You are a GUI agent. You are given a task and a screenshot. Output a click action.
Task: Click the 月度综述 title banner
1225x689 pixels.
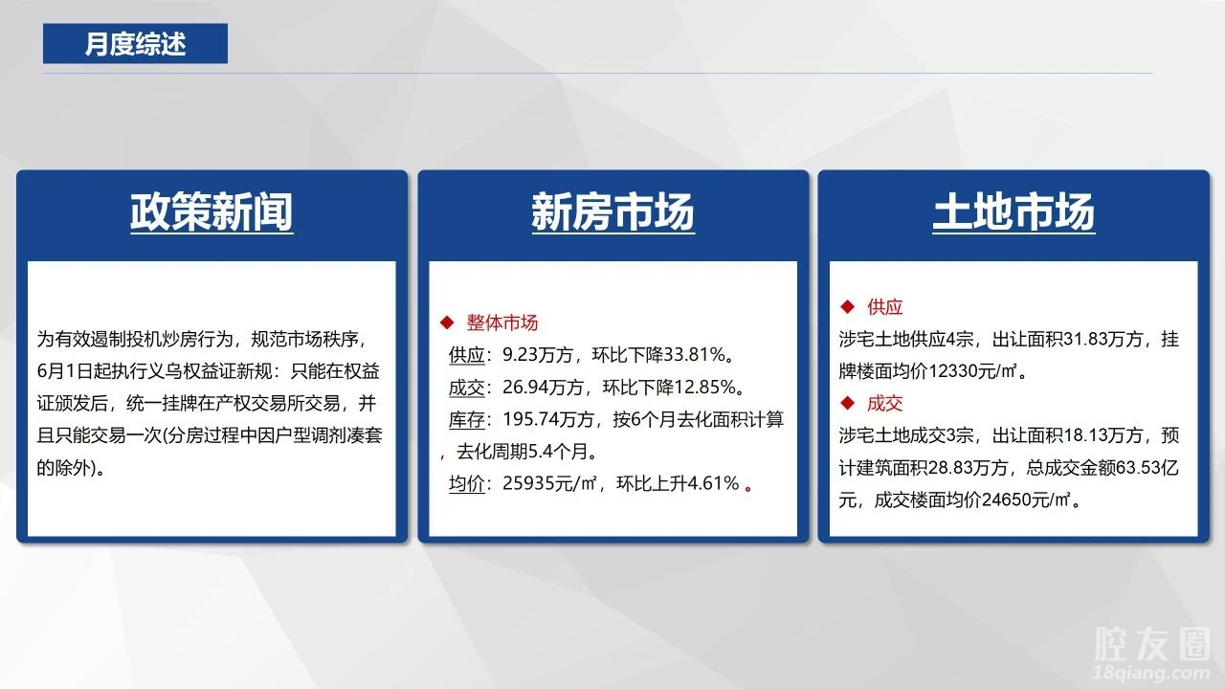click(135, 43)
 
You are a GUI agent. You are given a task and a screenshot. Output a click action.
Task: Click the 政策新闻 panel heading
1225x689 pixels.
click(212, 212)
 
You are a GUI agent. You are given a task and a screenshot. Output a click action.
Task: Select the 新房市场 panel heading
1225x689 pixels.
click(613, 212)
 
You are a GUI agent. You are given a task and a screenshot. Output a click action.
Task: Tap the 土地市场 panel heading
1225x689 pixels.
click(1013, 212)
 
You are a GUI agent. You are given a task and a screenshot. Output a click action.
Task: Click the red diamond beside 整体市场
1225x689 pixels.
click(447, 322)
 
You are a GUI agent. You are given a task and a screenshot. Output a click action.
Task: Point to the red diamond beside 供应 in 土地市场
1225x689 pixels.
click(847, 307)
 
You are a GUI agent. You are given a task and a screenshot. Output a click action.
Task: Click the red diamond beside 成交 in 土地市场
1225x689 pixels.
click(847, 404)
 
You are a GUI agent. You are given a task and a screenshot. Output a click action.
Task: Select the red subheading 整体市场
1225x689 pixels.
click(502, 322)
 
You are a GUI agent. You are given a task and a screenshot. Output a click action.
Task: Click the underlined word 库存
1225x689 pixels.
click(466, 419)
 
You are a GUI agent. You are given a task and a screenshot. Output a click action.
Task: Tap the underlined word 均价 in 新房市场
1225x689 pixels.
click(466, 483)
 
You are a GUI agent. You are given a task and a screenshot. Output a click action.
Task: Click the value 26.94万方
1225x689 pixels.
click(543, 388)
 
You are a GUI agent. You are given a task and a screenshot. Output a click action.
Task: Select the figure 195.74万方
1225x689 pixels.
click(548, 419)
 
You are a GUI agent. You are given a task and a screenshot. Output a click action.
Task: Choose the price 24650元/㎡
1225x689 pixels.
click(1026, 500)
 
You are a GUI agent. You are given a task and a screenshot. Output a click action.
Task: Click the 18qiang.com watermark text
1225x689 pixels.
click(1150, 672)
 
